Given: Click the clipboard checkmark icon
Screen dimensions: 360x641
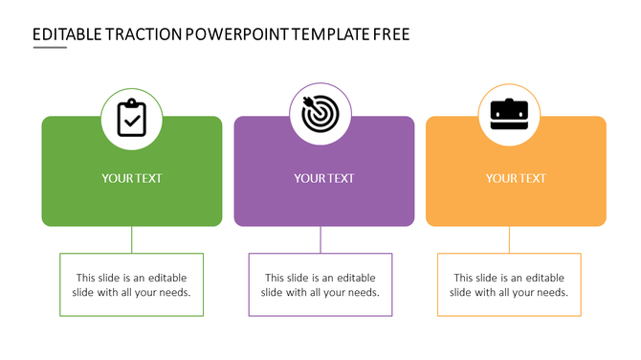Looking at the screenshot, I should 132,117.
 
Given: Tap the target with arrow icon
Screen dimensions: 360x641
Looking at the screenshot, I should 320,114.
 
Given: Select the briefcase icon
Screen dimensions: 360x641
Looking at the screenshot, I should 509,115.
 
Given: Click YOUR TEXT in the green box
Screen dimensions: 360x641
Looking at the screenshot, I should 132,178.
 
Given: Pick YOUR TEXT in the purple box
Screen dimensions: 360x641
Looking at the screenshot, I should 323,178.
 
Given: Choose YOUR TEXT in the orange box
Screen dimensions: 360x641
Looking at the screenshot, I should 516,178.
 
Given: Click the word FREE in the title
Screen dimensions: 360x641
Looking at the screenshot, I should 391,34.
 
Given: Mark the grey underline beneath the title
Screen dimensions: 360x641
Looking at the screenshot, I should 50,47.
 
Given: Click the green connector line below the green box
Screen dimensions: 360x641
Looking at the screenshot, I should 132,239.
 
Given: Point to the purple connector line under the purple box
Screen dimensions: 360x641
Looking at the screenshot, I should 320,239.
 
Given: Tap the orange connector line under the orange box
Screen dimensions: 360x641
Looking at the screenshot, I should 509,239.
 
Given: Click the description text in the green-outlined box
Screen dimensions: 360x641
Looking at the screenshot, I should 132,284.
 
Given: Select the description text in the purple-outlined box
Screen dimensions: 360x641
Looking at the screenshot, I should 320,284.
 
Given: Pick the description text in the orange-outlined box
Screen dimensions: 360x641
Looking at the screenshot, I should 509,284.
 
